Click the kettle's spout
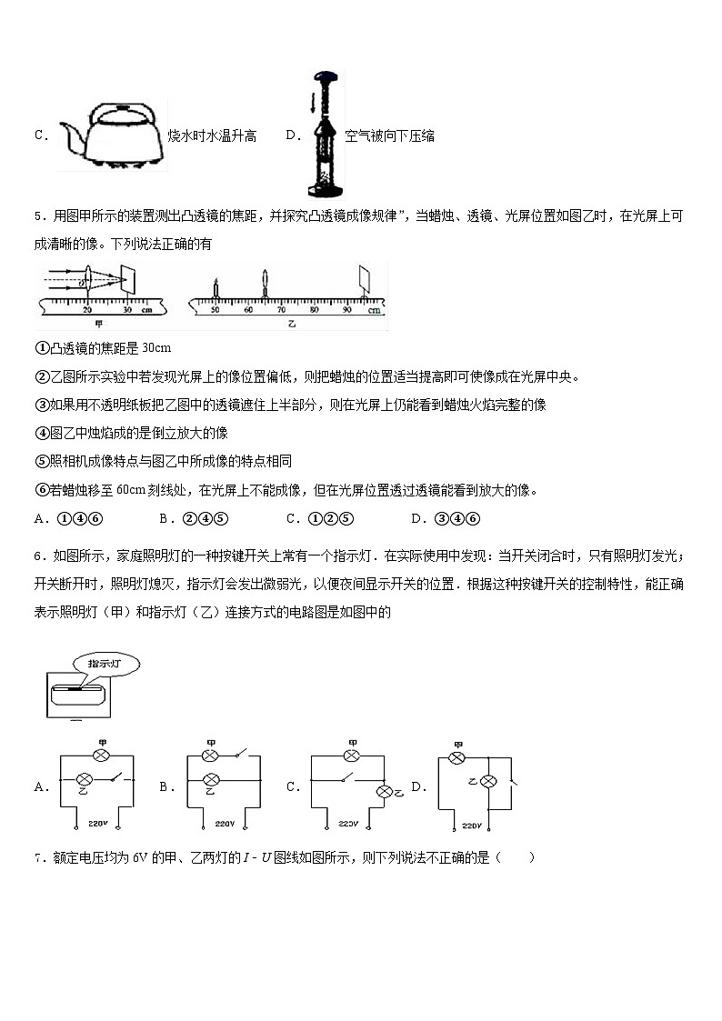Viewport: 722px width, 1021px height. click(x=68, y=136)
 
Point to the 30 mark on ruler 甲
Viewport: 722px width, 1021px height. click(x=127, y=310)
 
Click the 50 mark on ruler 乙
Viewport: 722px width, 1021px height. click(x=216, y=310)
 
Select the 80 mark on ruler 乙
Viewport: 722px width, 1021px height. click(x=314, y=310)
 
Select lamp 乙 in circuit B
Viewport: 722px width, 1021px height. click(x=210, y=779)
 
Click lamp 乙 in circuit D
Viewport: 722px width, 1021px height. click(x=488, y=781)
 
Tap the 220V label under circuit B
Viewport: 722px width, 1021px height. click(x=225, y=825)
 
